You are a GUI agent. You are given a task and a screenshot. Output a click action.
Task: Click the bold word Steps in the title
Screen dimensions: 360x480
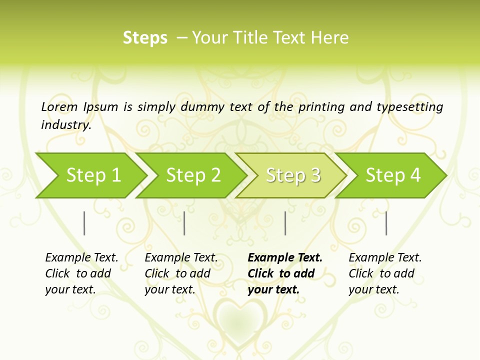(x=145, y=38)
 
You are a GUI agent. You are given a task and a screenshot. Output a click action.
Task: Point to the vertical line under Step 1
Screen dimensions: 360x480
(x=84, y=223)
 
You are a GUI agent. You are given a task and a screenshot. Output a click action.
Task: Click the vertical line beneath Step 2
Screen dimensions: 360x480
(x=184, y=223)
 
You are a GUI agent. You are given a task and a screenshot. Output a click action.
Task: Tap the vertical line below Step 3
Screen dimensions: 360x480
(x=285, y=223)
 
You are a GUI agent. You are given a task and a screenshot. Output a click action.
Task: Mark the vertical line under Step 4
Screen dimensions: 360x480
(x=386, y=223)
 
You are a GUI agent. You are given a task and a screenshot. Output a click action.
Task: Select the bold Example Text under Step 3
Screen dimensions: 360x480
(x=284, y=273)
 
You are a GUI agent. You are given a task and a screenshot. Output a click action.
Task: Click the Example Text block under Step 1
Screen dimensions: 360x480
(x=81, y=273)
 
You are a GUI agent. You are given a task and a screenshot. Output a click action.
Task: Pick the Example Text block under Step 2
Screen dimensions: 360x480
(x=181, y=273)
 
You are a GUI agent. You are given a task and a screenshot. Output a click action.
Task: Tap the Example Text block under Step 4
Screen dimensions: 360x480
(x=385, y=273)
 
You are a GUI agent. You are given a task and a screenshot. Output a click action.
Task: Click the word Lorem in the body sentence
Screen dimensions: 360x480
(x=59, y=107)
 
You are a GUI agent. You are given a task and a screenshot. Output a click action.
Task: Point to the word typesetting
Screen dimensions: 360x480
(x=409, y=107)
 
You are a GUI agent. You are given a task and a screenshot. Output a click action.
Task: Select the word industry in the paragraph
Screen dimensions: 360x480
(x=66, y=124)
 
